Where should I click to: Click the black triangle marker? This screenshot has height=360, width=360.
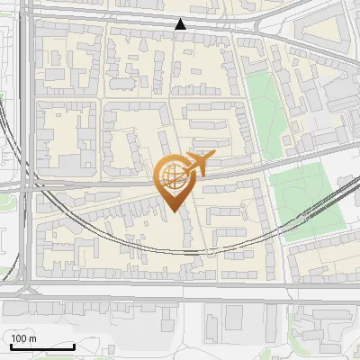coord(181,25)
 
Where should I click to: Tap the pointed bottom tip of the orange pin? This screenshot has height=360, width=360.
coord(171,210)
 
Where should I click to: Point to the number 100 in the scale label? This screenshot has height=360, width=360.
coord(19,338)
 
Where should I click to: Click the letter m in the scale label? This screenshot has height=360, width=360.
coord(32,338)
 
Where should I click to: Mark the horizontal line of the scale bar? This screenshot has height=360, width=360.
coord(41,346)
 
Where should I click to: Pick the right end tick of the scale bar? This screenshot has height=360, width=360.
coord(74,344)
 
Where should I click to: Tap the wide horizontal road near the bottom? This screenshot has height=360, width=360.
coord(180,289)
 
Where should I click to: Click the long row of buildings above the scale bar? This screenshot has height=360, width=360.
coord(54,310)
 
